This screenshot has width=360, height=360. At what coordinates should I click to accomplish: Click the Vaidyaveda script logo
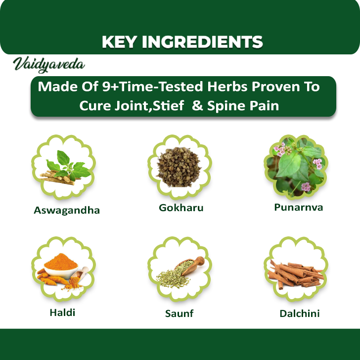49,65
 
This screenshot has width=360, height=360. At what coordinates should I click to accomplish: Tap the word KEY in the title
119,42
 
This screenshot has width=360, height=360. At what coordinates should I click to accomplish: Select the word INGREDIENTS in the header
202,42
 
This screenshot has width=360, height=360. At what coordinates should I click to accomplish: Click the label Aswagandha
67,210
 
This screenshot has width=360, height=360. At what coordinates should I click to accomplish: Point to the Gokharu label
181,208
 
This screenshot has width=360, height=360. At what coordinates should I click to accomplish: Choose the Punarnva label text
299,207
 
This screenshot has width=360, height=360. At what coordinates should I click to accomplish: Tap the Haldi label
62,313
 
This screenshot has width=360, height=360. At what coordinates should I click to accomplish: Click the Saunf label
180,314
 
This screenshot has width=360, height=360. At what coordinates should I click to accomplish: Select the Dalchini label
300,314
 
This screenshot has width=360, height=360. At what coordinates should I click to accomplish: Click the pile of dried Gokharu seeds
179,167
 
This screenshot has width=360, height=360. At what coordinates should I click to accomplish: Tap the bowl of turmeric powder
61,267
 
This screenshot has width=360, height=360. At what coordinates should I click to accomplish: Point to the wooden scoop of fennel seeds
189,266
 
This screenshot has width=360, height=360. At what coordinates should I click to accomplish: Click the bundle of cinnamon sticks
296,274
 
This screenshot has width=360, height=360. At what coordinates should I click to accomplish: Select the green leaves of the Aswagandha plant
68,166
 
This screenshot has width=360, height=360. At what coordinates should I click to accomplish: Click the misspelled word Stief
168,106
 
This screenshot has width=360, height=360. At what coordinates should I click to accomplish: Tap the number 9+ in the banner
111,87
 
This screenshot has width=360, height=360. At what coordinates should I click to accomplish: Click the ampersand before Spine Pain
197,106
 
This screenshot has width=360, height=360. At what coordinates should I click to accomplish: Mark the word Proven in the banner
276,87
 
